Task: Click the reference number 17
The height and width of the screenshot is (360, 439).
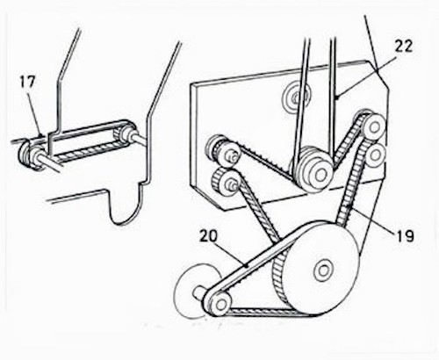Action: (x=27, y=82)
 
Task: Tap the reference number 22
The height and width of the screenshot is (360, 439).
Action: (x=404, y=46)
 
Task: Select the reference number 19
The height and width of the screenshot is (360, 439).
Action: (x=406, y=235)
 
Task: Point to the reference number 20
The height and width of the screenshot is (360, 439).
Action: (x=208, y=236)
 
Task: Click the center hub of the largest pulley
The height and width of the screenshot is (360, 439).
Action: (x=323, y=270)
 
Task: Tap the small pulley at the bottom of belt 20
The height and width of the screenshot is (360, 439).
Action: (x=219, y=304)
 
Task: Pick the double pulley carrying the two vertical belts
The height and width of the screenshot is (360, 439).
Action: (x=313, y=169)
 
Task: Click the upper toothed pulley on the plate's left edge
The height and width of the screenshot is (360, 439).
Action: (x=224, y=152)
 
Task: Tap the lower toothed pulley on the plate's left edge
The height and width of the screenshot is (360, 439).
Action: (x=227, y=183)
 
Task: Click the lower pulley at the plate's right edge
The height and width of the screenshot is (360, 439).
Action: (x=375, y=155)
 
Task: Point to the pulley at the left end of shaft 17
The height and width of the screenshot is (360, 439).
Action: (x=29, y=155)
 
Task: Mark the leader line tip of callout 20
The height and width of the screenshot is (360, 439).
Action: (x=248, y=266)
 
